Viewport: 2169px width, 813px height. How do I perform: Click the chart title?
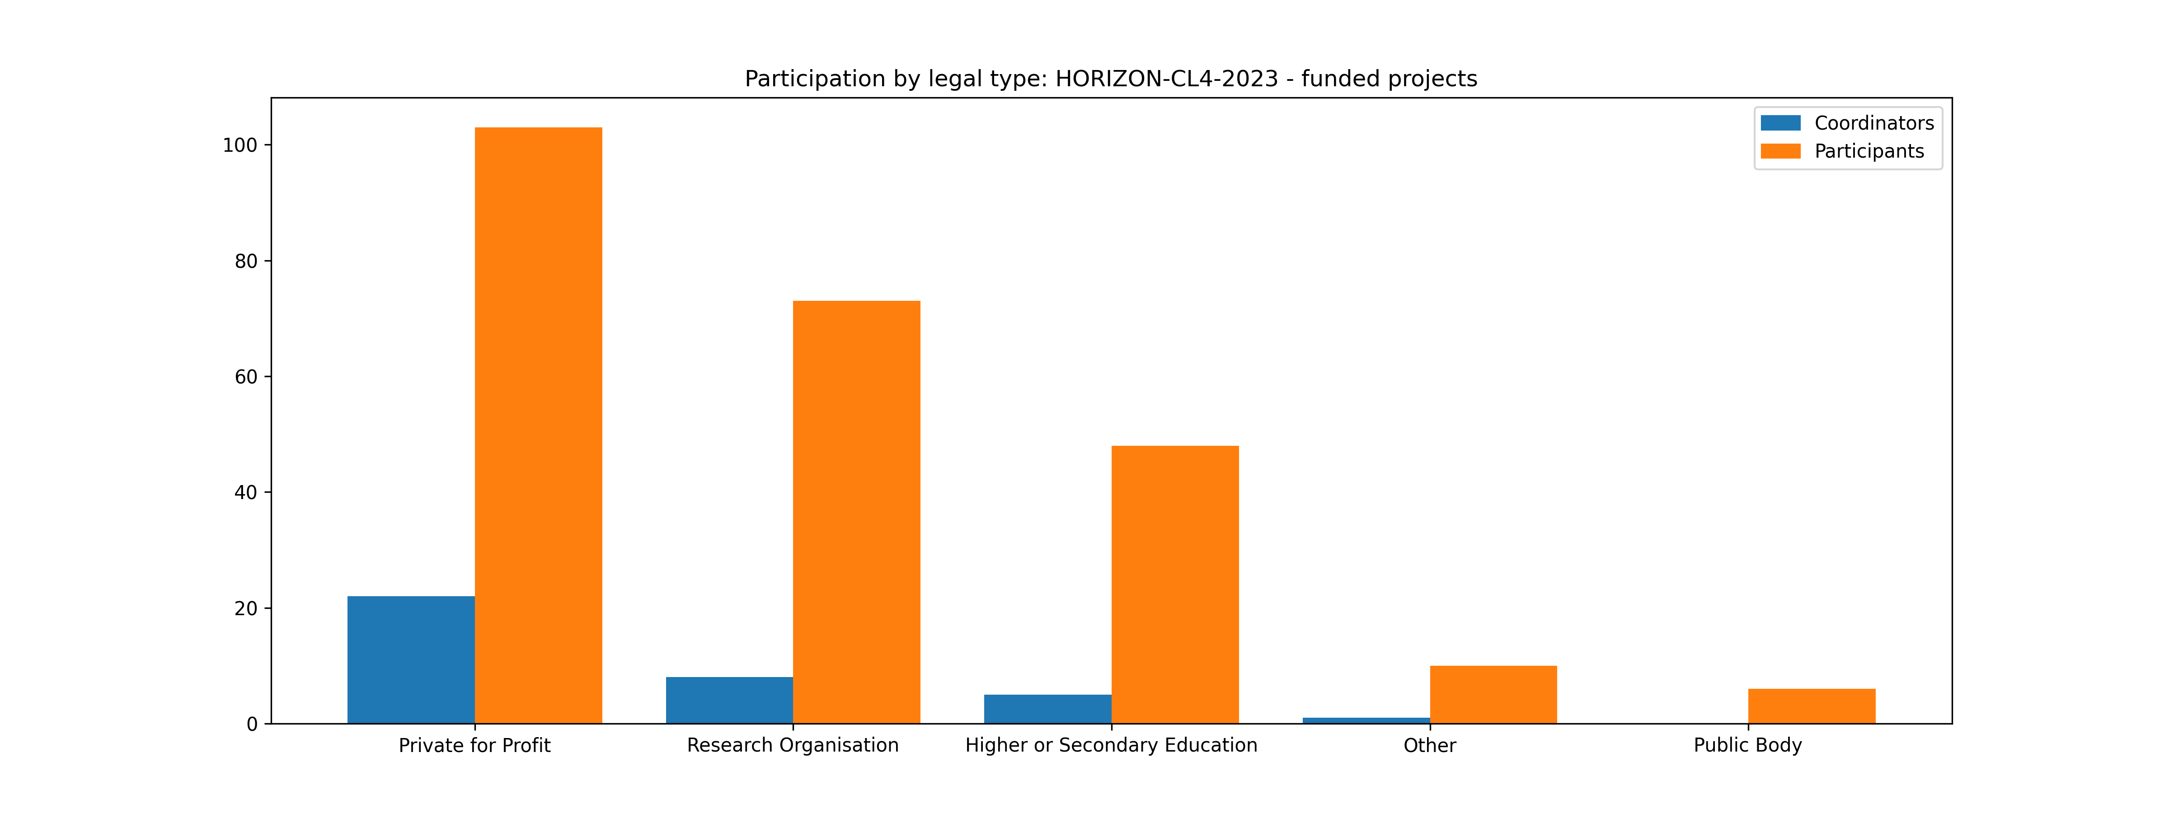(1111, 79)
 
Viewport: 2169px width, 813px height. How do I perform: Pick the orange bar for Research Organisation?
(856, 512)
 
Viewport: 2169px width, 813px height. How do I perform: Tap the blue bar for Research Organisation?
(729, 700)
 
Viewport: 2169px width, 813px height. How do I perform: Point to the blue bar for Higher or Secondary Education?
(1047, 709)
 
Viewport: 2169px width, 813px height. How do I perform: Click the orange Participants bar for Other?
(1493, 694)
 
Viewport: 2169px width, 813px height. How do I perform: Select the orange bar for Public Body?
(1811, 706)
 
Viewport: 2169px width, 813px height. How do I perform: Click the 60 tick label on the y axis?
(246, 377)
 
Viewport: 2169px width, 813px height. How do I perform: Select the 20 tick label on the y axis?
(246, 608)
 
